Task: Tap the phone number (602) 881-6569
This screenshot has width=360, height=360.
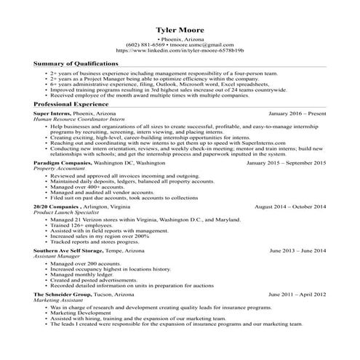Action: [x=145, y=45]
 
